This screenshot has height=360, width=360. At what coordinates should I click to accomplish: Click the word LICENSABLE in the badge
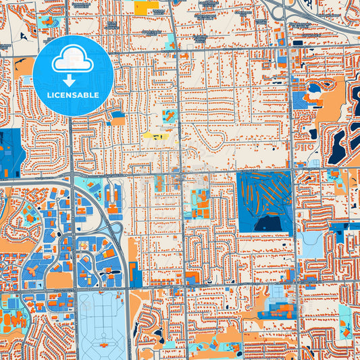click(74, 95)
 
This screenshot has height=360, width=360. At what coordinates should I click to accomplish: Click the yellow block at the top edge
click(146, 8)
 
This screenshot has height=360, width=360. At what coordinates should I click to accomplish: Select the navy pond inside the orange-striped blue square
click(267, 223)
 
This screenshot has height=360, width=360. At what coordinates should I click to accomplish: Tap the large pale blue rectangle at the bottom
click(102, 324)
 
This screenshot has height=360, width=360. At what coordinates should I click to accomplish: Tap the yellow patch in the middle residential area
click(155, 136)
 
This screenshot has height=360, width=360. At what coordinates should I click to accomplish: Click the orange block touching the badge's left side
click(24, 68)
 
